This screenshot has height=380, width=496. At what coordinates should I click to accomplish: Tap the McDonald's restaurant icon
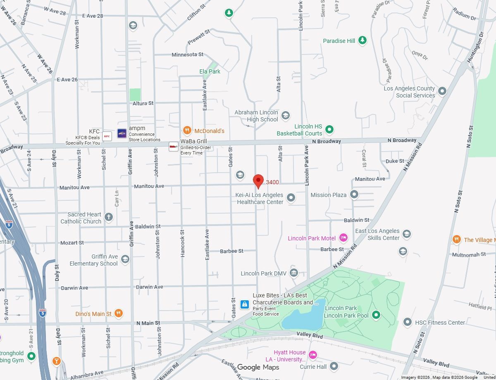click(x=187, y=131)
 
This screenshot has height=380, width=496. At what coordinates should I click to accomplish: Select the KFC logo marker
click(x=107, y=135)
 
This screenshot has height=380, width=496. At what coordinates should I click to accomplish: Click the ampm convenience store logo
click(x=122, y=133)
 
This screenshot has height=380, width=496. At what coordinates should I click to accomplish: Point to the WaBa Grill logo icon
click(x=174, y=146)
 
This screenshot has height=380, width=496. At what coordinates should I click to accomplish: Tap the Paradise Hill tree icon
click(x=362, y=40)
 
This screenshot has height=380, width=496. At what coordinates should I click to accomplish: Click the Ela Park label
click(x=210, y=71)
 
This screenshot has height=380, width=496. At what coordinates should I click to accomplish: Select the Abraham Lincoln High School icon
click(x=285, y=115)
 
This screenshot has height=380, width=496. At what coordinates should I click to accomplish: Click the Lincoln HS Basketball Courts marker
click(x=329, y=129)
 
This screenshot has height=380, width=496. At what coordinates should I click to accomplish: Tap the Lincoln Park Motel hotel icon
click(x=343, y=237)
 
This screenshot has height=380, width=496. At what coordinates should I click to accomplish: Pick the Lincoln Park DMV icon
click(x=294, y=273)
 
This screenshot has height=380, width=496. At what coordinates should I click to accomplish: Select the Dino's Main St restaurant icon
click(x=119, y=313)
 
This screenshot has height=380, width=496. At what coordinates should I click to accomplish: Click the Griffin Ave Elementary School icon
click(x=125, y=259)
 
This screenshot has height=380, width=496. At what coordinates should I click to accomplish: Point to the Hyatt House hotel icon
click(x=313, y=355)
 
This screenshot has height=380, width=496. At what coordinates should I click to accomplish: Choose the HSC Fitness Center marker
click(x=408, y=322)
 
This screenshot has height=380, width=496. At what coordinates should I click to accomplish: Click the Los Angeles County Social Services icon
click(x=442, y=91)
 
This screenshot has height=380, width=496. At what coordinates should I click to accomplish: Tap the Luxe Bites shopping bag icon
click(x=245, y=304)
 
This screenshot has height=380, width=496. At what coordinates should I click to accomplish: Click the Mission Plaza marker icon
click(x=354, y=194)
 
